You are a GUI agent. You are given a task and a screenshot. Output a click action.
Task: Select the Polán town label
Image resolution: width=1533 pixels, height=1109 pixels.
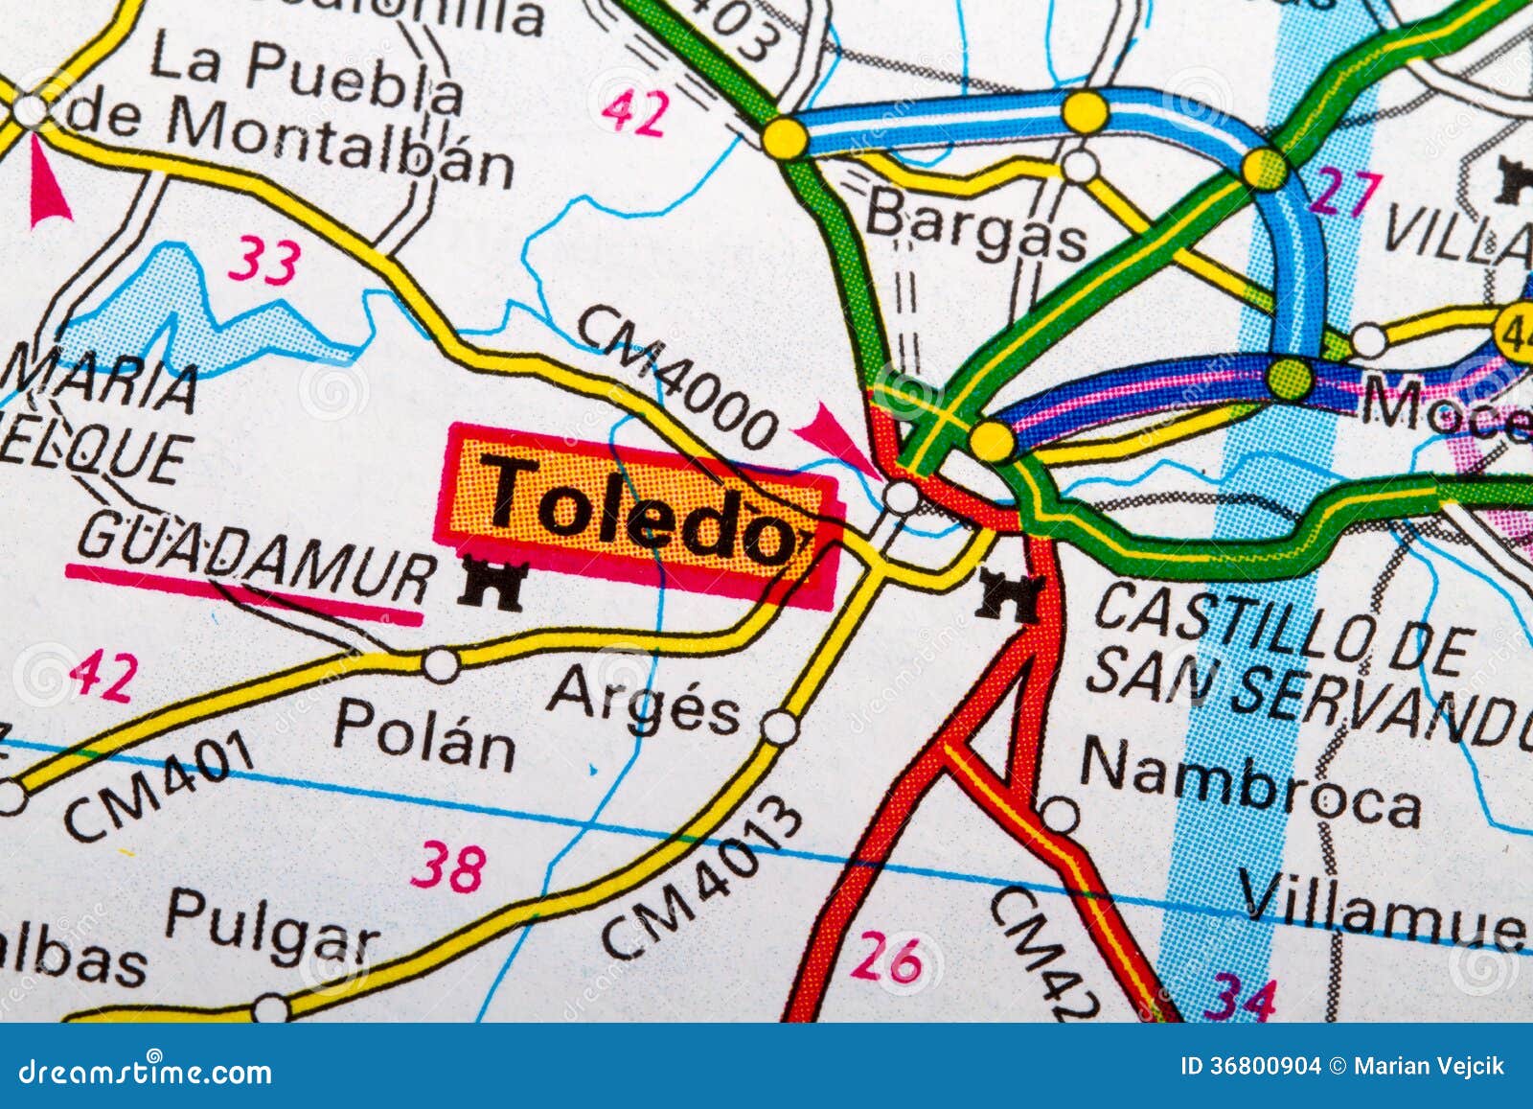click(423, 734)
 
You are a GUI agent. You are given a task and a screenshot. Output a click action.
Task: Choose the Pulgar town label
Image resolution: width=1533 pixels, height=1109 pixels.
click(271, 925)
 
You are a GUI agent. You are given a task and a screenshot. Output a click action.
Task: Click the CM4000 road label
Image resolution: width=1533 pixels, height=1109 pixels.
click(676, 377)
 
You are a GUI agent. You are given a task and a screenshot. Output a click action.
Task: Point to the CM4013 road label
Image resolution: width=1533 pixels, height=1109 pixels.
click(703, 878)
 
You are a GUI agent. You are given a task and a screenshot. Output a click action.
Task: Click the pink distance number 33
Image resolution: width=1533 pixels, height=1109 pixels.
click(264, 260)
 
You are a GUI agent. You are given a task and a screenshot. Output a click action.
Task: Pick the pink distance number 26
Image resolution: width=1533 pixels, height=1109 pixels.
click(886, 957)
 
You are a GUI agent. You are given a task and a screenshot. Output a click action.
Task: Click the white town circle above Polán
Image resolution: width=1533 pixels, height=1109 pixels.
click(441, 664)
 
